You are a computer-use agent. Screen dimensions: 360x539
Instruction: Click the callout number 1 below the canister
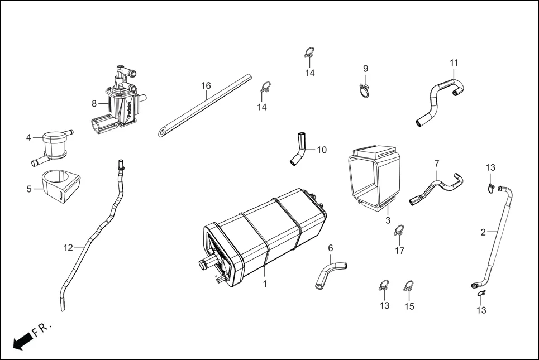tap(265, 284)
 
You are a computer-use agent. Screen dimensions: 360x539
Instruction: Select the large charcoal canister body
tap(263, 234)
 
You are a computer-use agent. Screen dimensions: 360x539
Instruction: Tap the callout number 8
tap(94, 103)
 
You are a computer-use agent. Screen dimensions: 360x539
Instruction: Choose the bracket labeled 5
tap(60, 186)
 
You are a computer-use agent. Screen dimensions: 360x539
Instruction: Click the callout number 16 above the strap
tap(206, 85)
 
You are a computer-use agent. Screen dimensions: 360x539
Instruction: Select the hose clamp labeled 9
tap(365, 90)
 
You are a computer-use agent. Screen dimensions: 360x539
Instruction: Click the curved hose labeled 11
tap(441, 98)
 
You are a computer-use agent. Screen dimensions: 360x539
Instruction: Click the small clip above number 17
tap(399, 230)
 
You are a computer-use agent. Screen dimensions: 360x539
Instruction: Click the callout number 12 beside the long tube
tap(68, 248)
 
